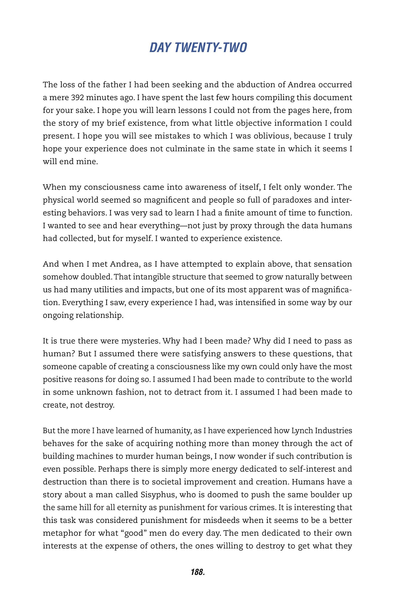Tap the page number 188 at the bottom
point(198,572)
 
